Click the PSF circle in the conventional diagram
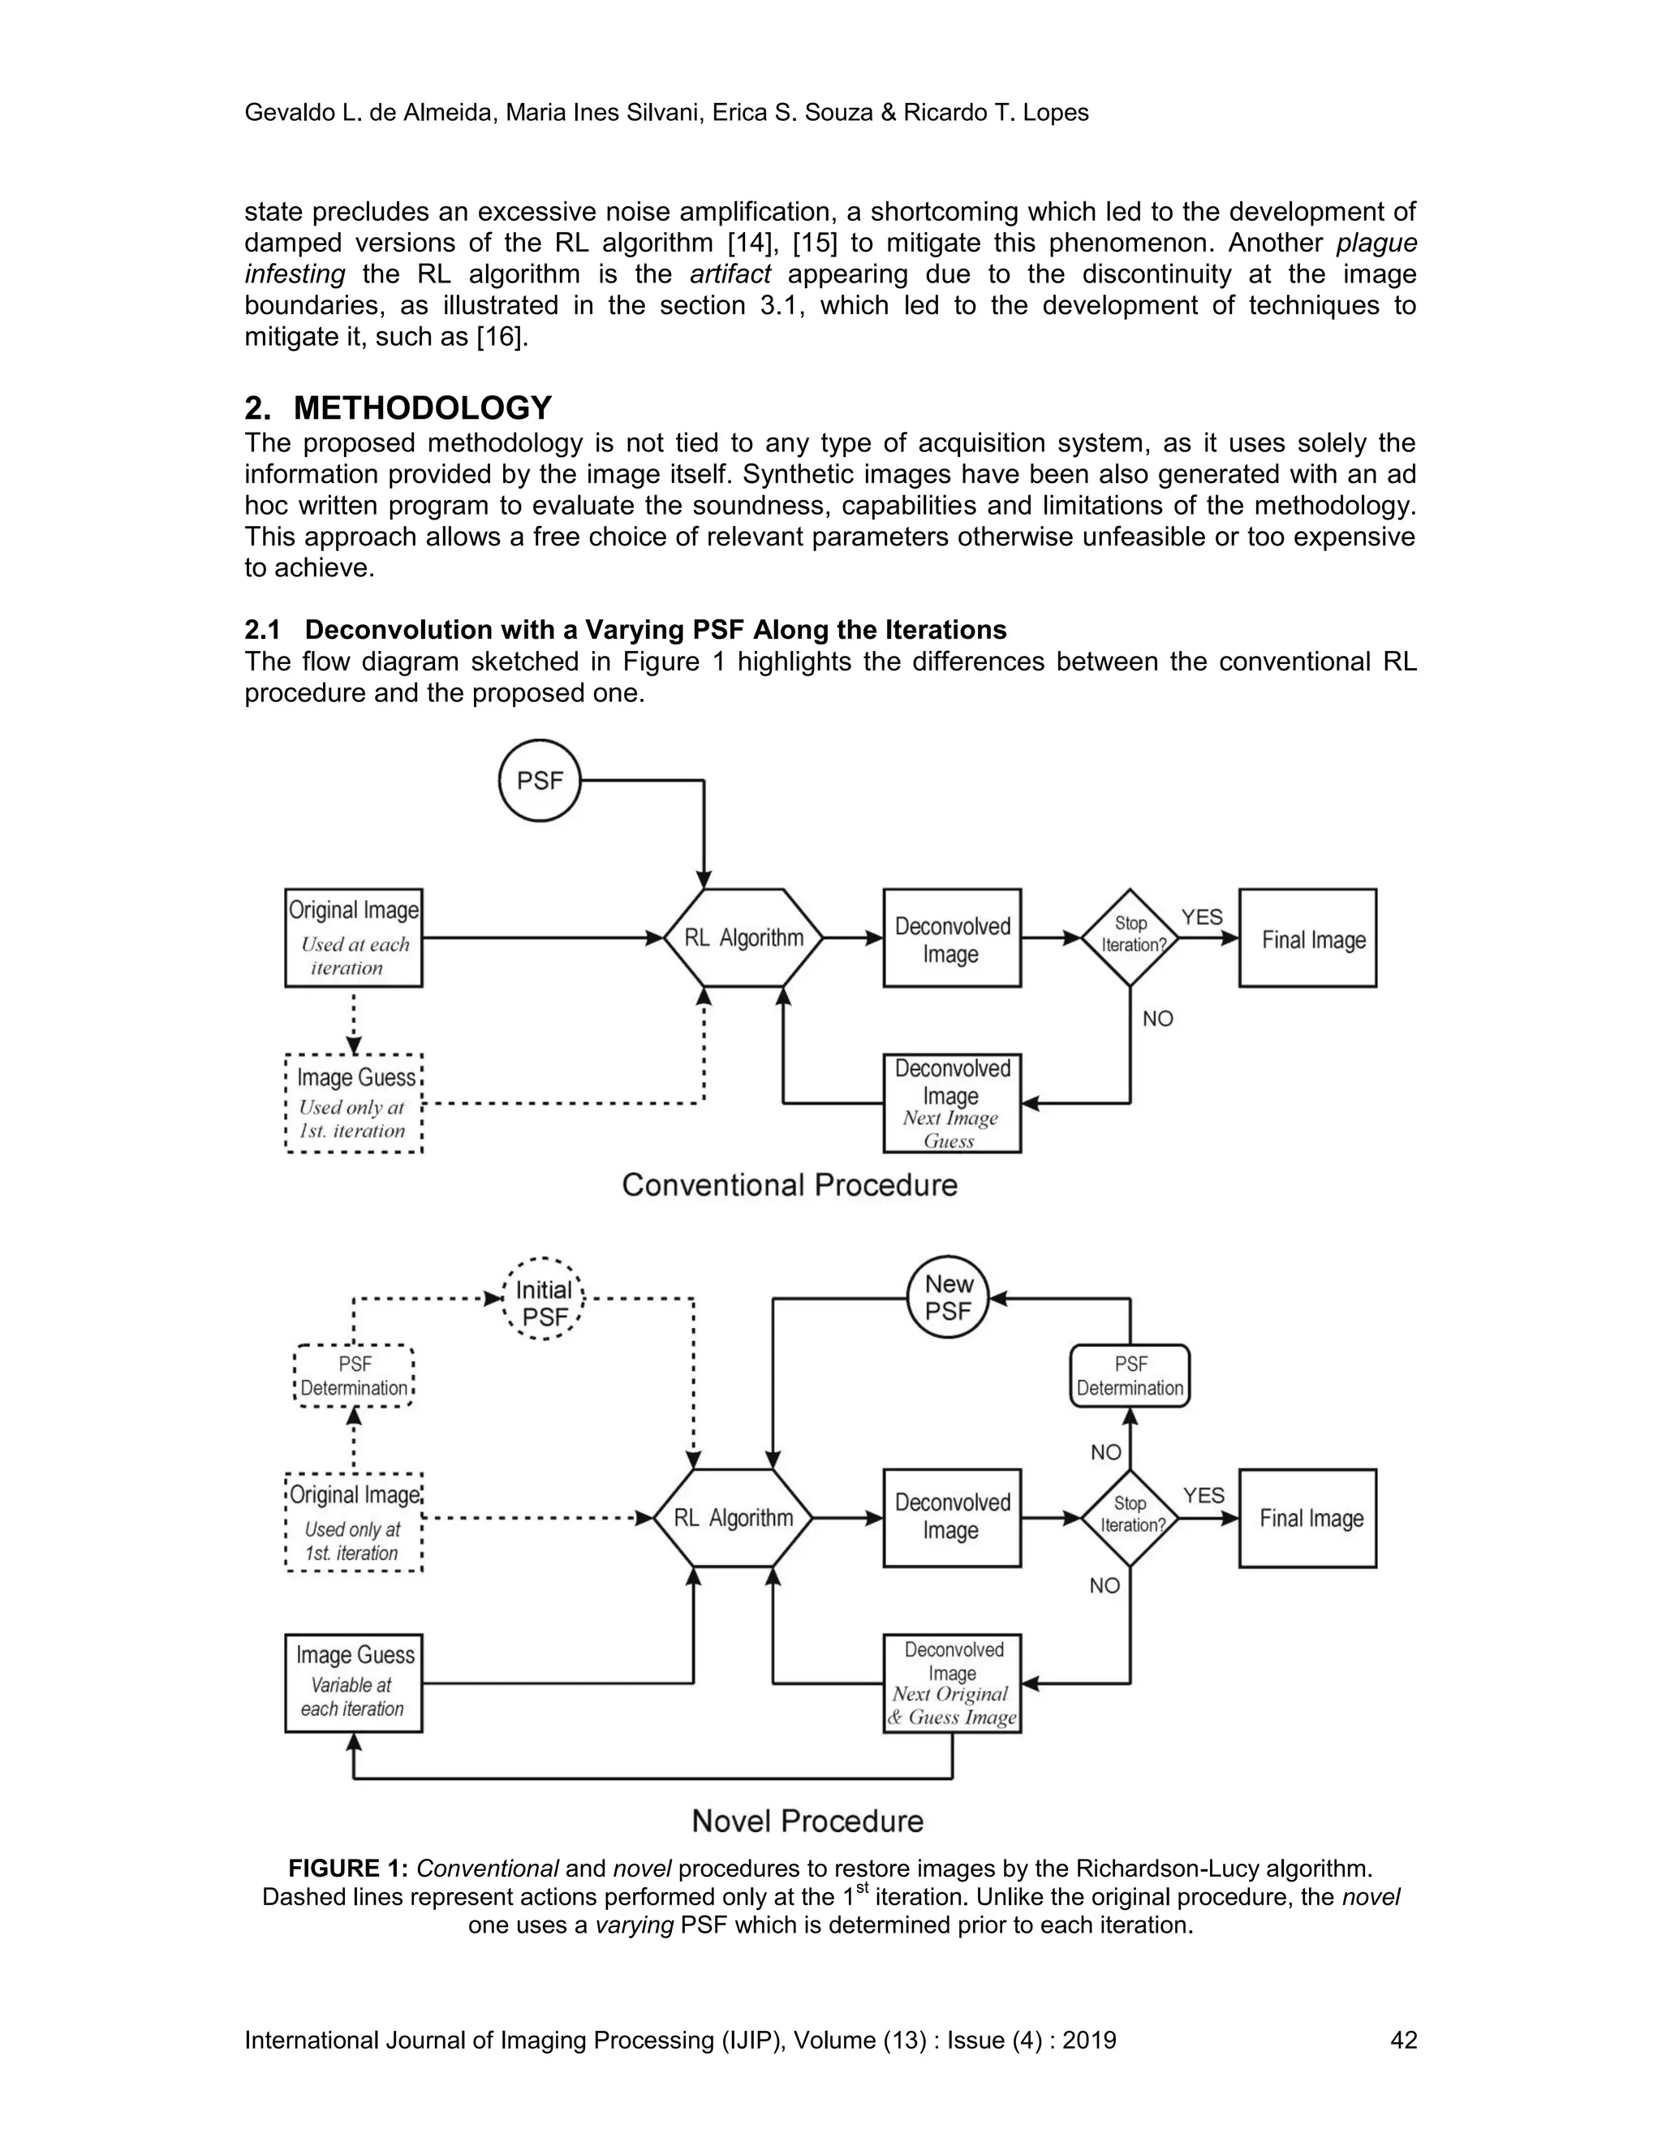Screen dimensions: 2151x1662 [x=540, y=781]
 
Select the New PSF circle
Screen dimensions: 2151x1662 [x=947, y=1297]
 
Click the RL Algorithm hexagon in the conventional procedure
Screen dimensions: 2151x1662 [x=743, y=938]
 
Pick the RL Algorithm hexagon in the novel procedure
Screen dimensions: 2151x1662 [x=734, y=1518]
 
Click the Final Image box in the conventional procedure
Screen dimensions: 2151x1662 [x=1307, y=938]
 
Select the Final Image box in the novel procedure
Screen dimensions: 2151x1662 [x=1307, y=1518]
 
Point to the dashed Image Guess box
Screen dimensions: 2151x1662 [x=354, y=1103]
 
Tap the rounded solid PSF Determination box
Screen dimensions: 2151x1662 [x=1130, y=1376]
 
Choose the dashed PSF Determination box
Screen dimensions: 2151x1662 [x=355, y=1376]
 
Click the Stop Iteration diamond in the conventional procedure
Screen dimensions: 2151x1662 [x=1130, y=937]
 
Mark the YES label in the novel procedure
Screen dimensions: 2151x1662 [x=1203, y=1495]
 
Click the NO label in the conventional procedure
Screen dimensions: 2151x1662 [x=1158, y=1019]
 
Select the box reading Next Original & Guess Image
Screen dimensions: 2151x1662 [x=952, y=1683]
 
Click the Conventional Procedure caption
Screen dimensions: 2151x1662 [x=790, y=1185]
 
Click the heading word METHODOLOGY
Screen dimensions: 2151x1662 [x=422, y=407]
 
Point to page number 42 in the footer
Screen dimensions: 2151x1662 [x=1403, y=2040]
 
